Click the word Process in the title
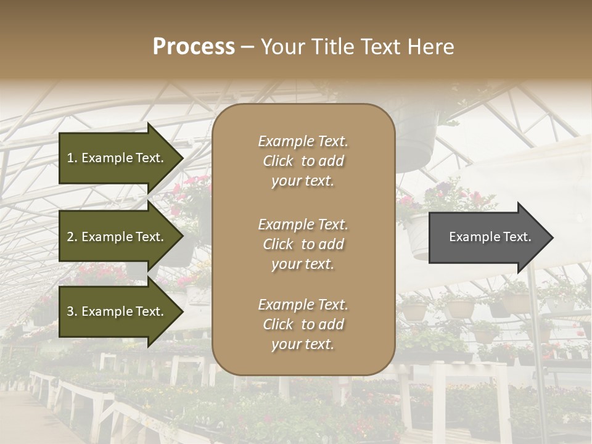[194, 47]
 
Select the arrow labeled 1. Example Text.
[117, 158]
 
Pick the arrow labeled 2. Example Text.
[117, 237]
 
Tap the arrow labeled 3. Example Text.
[117, 311]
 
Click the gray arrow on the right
[487, 237]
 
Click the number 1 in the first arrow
[70, 158]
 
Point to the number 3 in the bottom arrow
[70, 311]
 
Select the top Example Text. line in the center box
[303, 141]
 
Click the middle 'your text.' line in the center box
[303, 264]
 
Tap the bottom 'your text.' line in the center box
[303, 344]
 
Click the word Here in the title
[430, 47]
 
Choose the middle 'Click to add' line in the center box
[303, 244]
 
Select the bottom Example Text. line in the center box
[303, 305]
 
